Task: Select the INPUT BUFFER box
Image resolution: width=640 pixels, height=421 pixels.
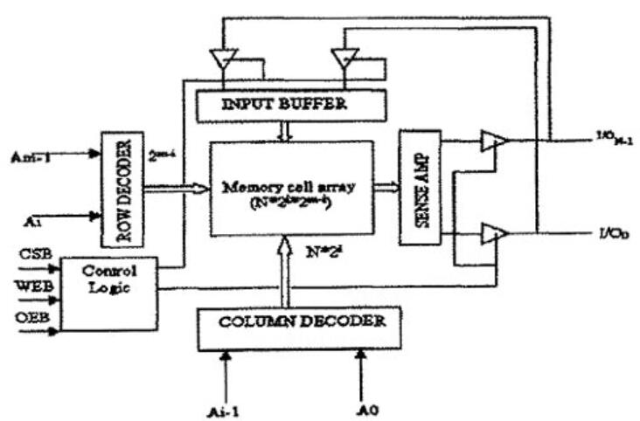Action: click(x=291, y=106)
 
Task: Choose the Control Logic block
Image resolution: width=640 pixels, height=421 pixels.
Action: click(x=109, y=293)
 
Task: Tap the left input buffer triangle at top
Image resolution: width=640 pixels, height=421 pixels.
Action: click(x=224, y=60)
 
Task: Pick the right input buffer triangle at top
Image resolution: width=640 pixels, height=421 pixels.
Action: click(x=344, y=59)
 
